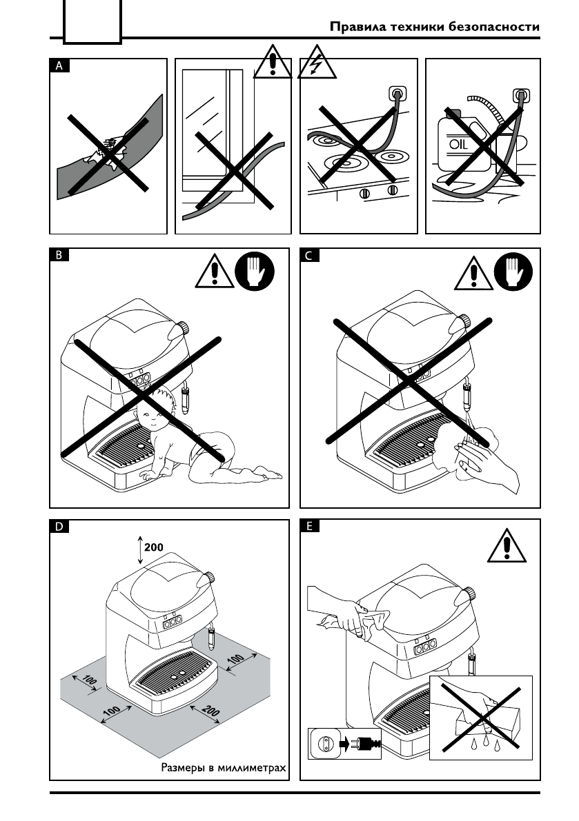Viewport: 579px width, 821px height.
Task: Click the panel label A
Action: coord(59,66)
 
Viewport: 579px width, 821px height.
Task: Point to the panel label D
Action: coord(59,527)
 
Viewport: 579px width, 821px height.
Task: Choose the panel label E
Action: coord(308,527)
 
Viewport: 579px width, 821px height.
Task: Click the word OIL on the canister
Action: coord(459,145)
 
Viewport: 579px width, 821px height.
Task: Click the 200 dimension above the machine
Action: coord(153,547)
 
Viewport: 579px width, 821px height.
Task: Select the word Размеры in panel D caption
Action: coord(183,767)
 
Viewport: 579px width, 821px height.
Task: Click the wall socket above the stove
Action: coord(398,92)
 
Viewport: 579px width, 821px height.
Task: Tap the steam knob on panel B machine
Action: coord(184,327)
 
